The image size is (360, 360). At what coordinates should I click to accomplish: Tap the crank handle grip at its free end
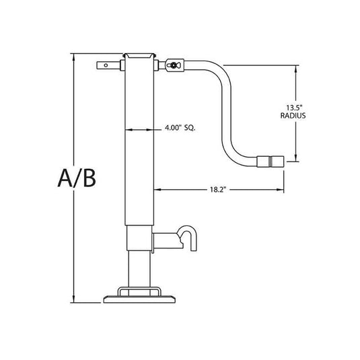(x=271, y=161)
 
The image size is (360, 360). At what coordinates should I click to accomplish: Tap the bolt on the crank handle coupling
(x=174, y=66)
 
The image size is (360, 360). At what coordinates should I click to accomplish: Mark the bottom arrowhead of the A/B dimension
(x=74, y=301)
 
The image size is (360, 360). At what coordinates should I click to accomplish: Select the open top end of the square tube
(x=140, y=54)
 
